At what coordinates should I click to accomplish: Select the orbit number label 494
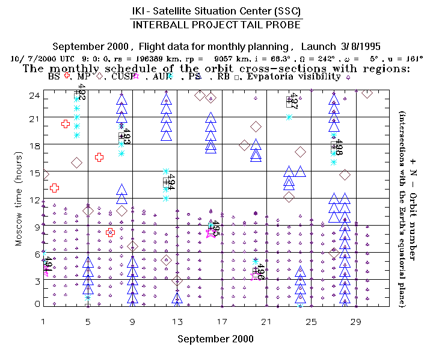click(171, 180)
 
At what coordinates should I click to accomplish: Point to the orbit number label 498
click(339, 146)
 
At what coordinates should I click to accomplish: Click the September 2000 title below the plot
click(215, 339)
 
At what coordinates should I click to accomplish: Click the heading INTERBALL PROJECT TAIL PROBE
click(216, 25)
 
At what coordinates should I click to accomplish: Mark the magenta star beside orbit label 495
click(210, 233)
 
